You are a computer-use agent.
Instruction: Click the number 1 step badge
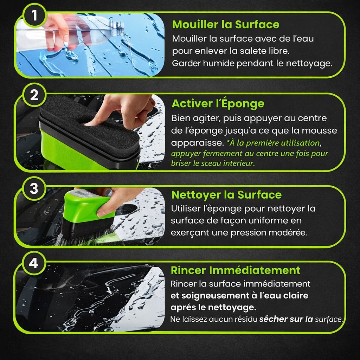point(34,15)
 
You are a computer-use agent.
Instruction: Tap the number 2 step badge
point(34,95)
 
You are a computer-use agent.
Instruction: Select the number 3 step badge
point(34,188)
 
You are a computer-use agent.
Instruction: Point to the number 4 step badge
point(33,263)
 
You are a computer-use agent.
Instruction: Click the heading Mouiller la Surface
point(226,24)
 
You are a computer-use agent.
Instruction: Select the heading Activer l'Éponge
point(218,103)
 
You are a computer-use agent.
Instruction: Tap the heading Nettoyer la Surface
point(226,195)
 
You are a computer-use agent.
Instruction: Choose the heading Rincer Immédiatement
point(236,270)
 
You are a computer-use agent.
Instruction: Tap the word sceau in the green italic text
point(211,163)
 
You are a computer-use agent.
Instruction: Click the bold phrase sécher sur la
point(286,319)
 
